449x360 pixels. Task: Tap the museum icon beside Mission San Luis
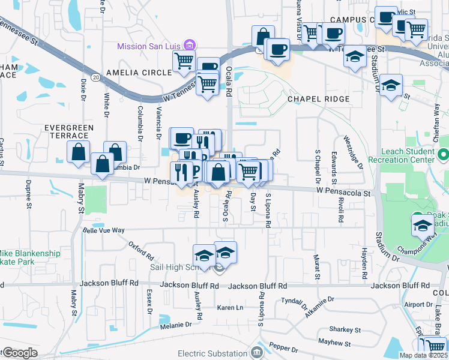coord(189,45)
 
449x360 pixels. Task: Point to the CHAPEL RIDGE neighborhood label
coord(318,98)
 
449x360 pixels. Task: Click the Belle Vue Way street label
coord(103,230)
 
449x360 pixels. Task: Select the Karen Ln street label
coord(230,307)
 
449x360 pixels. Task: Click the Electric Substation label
coord(218,351)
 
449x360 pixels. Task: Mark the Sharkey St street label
coord(345,329)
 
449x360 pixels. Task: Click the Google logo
coord(20,353)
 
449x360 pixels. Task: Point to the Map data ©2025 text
coord(423,355)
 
